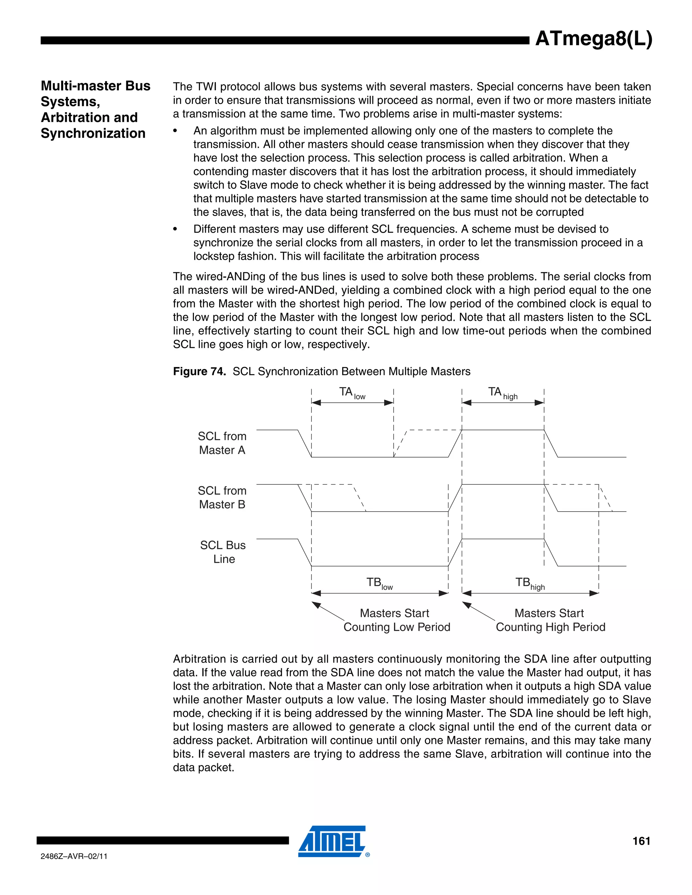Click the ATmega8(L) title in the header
pyautogui.click(x=593, y=39)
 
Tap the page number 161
pyautogui.click(x=641, y=841)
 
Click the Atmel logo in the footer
pyautogui.click(x=332, y=841)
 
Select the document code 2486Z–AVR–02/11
pyautogui.click(x=74, y=856)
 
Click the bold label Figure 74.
pyautogui.click(x=199, y=371)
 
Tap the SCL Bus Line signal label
pyautogui.click(x=223, y=552)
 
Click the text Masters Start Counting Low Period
pyautogui.click(x=396, y=620)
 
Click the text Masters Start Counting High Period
pyautogui.click(x=550, y=620)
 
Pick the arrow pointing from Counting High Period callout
pyautogui.click(x=478, y=611)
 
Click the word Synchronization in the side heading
pyautogui.click(x=93, y=133)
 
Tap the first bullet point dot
pyautogui.click(x=175, y=131)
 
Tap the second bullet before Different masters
pyautogui.click(x=175, y=229)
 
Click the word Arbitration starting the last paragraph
pyautogui.click(x=199, y=659)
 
